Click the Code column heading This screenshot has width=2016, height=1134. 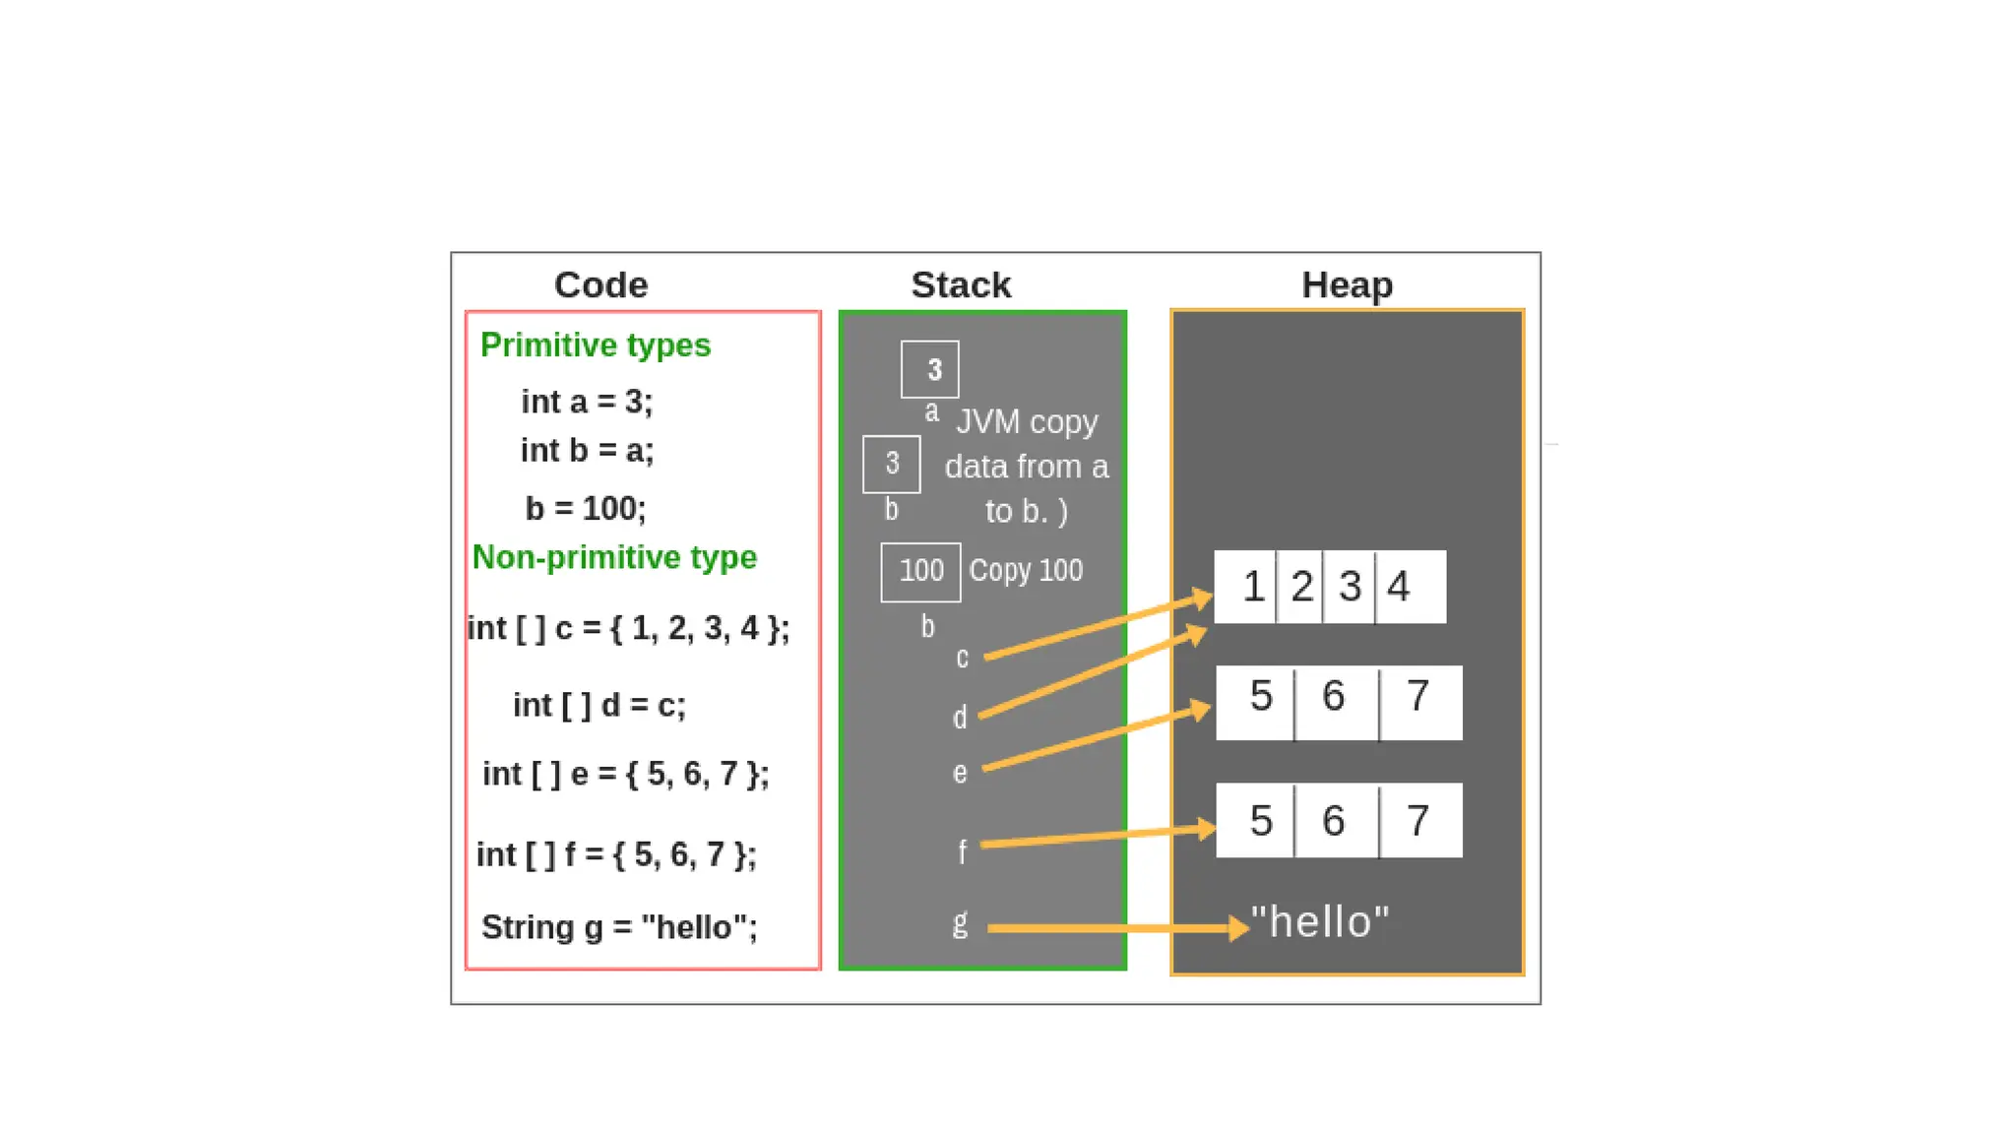tap(600, 285)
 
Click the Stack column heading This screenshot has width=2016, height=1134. tap(961, 285)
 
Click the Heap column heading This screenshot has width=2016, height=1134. tap(1347, 285)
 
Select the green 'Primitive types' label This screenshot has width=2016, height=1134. tap(595, 346)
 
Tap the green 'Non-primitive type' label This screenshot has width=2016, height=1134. tap(614, 557)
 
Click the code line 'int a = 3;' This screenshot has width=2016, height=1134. tap(587, 402)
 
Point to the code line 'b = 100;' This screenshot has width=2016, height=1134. tap(586, 508)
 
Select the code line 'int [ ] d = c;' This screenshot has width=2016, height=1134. tap(598, 705)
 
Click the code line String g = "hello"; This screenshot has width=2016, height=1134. tap(619, 927)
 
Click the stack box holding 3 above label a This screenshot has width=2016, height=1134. tap(930, 369)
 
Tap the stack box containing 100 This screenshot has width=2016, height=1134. tap(920, 572)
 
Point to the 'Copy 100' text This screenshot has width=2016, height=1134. tap(1026, 571)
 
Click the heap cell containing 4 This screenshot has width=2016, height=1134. tap(1410, 587)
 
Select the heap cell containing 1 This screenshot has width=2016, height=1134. tap(1247, 587)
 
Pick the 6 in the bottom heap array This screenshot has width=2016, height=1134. tap(1334, 821)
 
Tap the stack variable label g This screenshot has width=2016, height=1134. tap(960, 923)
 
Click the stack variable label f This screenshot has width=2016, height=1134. tap(962, 850)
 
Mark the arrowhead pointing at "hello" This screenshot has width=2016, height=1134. tap(1238, 927)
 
